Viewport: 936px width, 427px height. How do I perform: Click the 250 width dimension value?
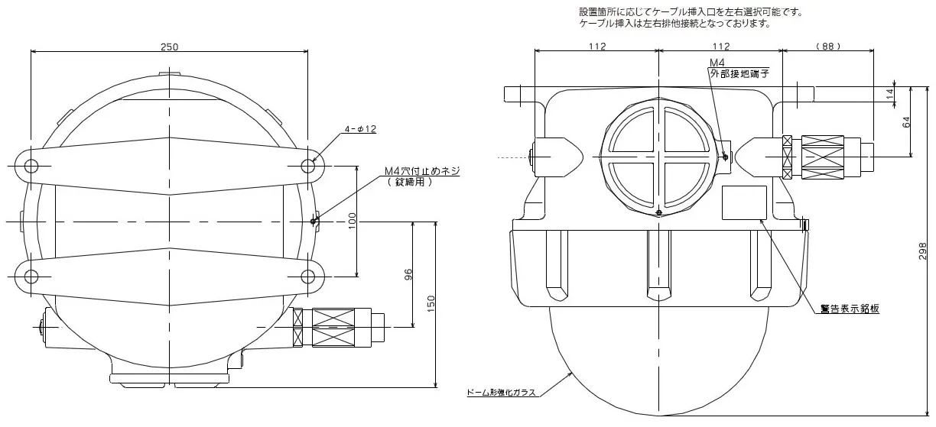170,47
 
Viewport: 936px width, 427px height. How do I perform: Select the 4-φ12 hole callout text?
359,129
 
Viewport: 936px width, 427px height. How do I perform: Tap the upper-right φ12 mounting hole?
308,166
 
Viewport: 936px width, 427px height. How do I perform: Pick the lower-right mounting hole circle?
308,275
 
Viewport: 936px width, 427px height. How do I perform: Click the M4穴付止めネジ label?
423,171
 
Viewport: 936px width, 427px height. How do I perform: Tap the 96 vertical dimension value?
408,274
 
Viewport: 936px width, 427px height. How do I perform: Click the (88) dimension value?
828,47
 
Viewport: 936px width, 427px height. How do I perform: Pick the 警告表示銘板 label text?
849,309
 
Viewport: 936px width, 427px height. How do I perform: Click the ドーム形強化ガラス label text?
502,393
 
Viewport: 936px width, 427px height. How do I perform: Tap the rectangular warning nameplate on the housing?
744,202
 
